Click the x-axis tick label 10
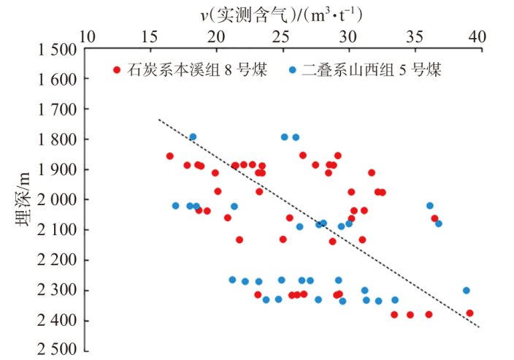87,37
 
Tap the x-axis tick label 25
281,37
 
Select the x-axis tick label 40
477,37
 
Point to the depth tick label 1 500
58,50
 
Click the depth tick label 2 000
58,199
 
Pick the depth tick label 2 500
58,350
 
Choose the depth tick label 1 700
58,110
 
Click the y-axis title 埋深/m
23,199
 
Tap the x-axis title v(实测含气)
244,15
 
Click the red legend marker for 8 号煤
117,70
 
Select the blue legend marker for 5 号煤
292,70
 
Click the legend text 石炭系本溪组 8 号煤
197,70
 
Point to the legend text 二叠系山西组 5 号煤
372,70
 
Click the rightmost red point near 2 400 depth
469,313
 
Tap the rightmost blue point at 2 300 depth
467,291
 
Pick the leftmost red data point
170,156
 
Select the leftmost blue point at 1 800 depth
193,137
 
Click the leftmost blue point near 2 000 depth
176,206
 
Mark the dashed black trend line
319,223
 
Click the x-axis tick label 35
415,37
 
